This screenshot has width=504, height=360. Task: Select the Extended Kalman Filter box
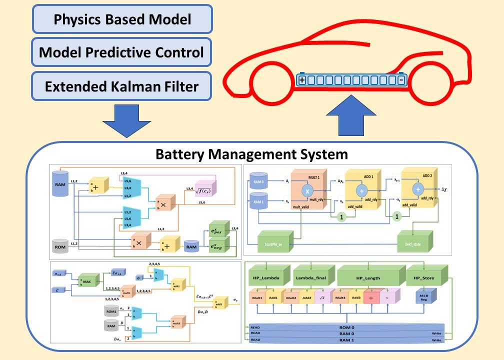pyautogui.click(x=122, y=86)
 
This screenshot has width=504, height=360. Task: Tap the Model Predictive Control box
pyautogui.click(x=122, y=52)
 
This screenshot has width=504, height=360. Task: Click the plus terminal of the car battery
pyautogui.click(x=302, y=79)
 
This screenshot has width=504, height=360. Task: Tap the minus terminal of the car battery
pyautogui.click(x=401, y=79)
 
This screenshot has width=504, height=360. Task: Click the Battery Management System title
pyautogui.click(x=251, y=154)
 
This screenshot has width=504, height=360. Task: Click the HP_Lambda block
pyautogui.click(x=266, y=277)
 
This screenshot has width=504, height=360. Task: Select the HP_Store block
pyautogui.click(x=424, y=277)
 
